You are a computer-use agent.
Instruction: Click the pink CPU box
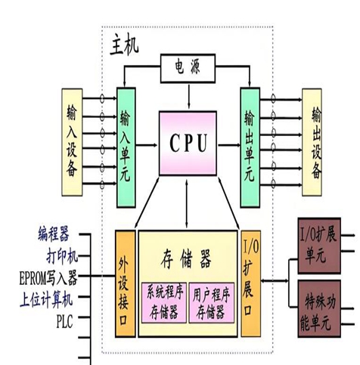[x=187, y=141]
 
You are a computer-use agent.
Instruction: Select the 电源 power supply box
[x=186, y=68]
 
